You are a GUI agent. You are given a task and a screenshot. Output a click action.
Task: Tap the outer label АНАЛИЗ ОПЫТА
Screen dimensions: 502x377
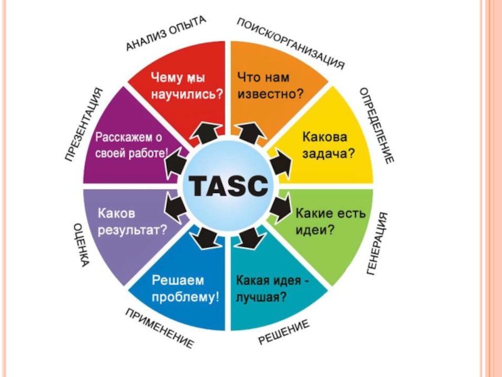pos(166,34)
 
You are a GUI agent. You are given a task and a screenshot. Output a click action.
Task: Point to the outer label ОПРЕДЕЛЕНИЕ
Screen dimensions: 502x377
pos(376,126)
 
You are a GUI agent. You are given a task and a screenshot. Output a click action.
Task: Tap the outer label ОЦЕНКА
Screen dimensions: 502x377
pos(80,244)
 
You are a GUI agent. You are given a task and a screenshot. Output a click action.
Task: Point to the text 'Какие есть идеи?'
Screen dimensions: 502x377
pos(329,221)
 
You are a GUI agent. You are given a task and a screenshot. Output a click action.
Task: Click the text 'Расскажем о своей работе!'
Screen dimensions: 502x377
pos(131,144)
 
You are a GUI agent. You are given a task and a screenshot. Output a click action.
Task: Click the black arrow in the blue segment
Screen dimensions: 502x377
pos(205,237)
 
